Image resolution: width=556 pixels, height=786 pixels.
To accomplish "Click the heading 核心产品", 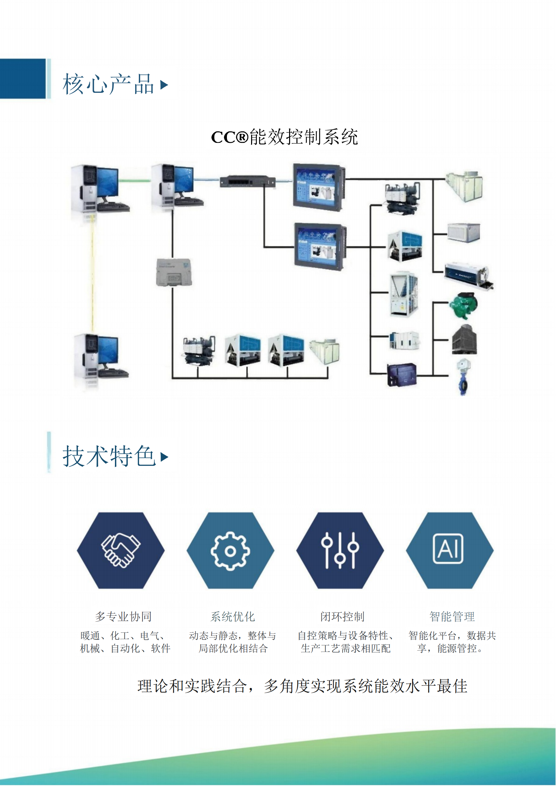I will point(108,84).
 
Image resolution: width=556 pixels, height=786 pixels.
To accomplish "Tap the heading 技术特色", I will point(109,456).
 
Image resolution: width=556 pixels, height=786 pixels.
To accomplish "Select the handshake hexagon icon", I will point(121,550).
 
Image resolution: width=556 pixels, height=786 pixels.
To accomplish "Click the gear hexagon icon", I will point(230,550).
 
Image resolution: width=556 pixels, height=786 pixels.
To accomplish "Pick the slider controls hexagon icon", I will point(340,550).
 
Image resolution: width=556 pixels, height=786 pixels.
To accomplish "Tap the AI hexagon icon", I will point(449,550).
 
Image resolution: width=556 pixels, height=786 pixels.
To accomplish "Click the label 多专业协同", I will point(123,617).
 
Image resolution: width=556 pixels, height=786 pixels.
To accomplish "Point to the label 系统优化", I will point(233,617).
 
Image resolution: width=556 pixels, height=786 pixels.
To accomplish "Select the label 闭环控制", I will point(342,617).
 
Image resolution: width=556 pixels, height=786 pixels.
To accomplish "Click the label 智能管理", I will point(452,617).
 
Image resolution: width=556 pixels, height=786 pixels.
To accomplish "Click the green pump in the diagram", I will point(463,305).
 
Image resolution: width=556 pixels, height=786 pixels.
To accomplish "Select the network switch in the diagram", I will point(247,181).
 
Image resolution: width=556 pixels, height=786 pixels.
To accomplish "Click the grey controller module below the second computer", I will point(173,273).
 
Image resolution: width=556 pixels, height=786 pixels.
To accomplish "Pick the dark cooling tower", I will point(464,340).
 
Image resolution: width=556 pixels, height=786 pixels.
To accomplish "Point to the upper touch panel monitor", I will point(318,187).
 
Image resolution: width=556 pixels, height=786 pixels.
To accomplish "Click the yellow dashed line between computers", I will point(92,274).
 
